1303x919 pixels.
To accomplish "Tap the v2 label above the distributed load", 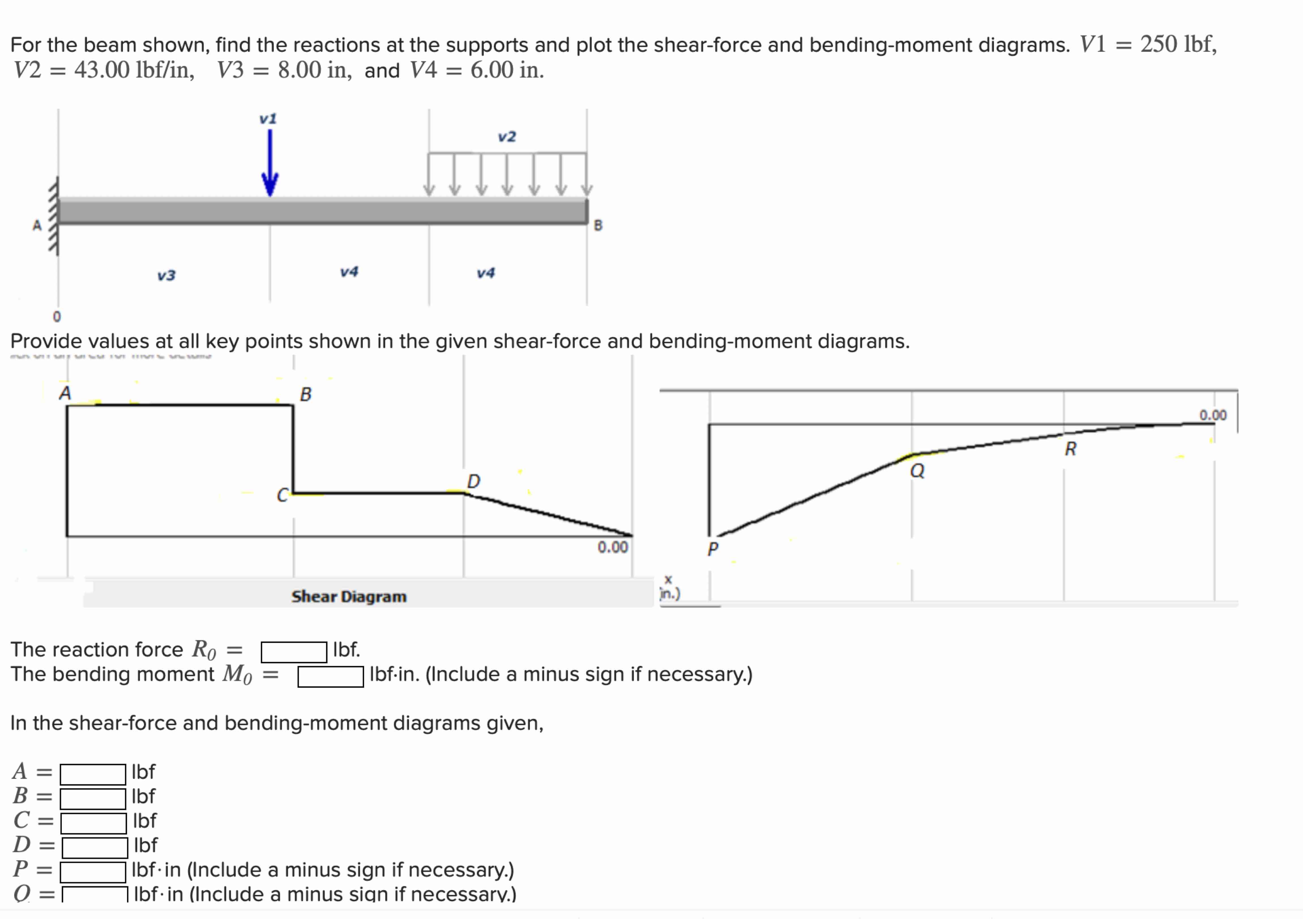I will (507, 137).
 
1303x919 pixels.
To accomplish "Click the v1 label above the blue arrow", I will (268, 119).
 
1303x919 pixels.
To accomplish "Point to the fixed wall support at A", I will (54, 216).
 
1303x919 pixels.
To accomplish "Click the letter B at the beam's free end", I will (598, 225).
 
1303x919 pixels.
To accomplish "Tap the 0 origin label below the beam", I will (56, 316).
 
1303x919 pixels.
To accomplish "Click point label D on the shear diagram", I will (473, 481).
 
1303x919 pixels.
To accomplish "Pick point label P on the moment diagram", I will (713, 548).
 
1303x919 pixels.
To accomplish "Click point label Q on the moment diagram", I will (917, 471).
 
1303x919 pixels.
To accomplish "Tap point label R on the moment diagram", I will (1070, 449).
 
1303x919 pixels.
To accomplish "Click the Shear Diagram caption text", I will (349, 597).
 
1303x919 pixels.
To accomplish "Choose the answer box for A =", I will (93, 774).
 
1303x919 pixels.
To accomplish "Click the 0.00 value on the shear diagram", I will (612, 547).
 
